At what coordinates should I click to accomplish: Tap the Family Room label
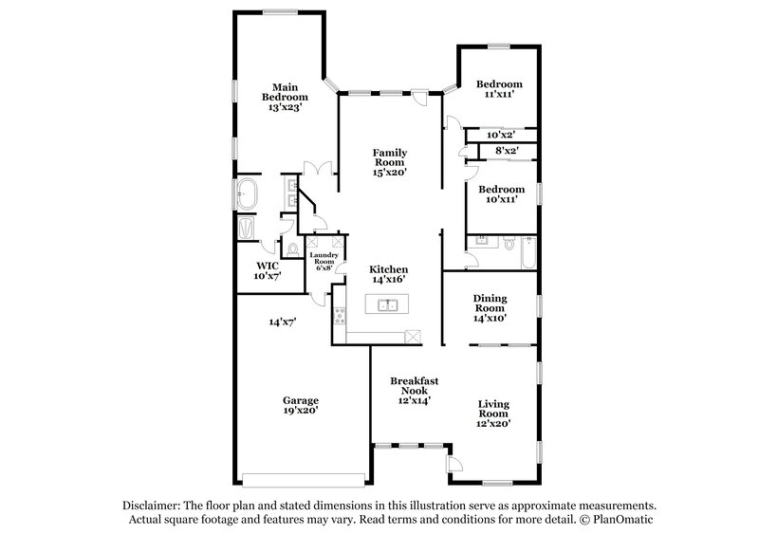tap(390, 157)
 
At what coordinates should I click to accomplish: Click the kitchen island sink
tap(388, 305)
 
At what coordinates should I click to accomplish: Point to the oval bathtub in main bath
tap(247, 194)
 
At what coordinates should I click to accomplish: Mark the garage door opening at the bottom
tap(304, 477)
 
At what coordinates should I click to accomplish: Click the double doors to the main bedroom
tap(316, 169)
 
